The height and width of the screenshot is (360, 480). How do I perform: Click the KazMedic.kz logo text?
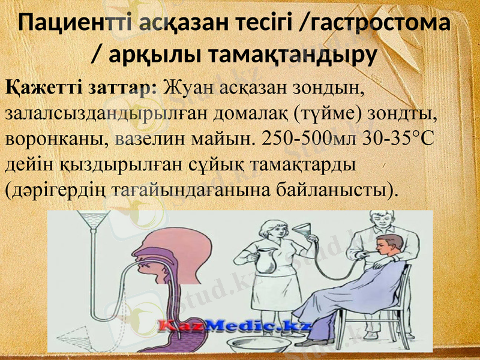coord(235,326)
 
